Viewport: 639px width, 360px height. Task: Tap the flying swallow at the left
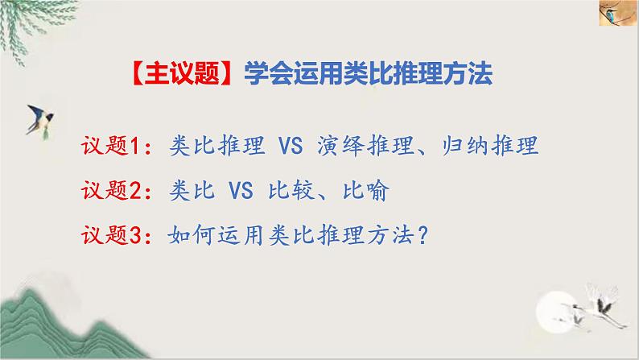(x=41, y=117)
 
